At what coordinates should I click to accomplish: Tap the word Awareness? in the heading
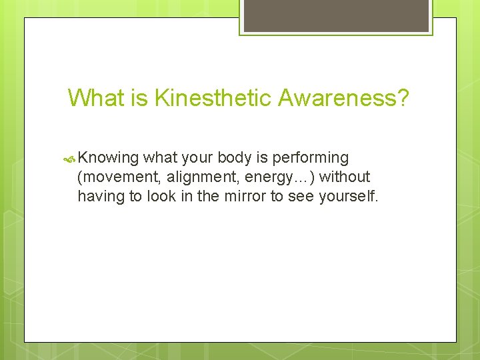tap(344, 98)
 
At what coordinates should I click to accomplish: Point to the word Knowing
tap(108, 158)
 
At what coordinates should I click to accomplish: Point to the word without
tap(345, 177)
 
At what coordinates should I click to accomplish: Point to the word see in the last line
tap(303, 196)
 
